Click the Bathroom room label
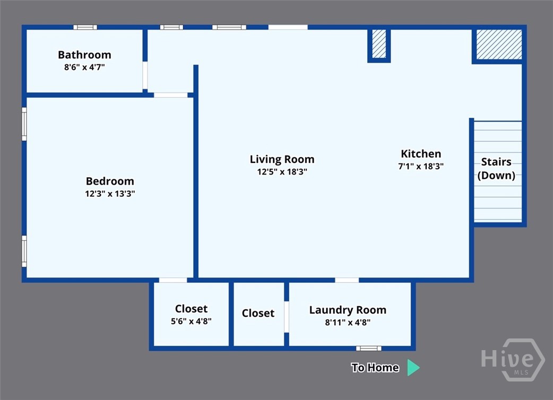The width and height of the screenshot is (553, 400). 84,55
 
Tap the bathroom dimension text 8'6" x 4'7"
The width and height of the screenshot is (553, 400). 84,67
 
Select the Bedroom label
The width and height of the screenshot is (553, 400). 110,181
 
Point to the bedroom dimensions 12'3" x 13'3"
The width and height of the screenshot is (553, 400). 110,194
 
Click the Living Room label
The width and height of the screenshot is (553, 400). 282,159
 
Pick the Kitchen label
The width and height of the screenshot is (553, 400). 421,154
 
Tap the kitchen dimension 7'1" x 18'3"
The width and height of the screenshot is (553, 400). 421,167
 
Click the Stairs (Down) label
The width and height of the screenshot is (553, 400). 497,169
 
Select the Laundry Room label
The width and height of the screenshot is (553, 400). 348,310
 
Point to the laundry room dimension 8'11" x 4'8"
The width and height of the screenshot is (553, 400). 348,323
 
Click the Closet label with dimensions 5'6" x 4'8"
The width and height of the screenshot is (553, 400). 191,309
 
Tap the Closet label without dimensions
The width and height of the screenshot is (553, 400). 258,313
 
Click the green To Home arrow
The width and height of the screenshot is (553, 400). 413,368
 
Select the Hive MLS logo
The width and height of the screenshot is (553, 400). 513,360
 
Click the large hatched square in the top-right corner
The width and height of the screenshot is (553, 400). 499,45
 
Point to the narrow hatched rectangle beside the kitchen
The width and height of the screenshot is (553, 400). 379,44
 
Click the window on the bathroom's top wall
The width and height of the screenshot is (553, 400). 85,27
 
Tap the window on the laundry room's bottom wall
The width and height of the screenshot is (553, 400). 368,349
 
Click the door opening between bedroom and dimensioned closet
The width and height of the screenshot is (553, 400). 173,280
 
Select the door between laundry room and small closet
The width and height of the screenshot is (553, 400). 287,317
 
